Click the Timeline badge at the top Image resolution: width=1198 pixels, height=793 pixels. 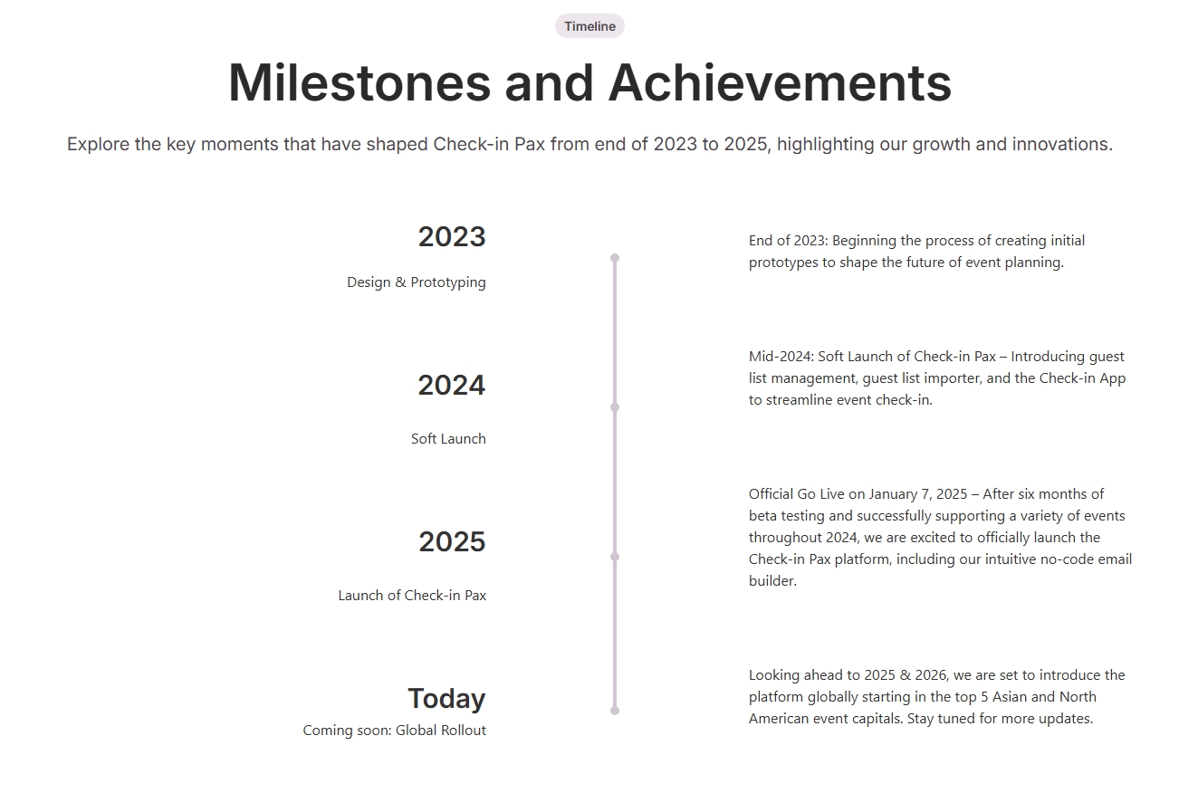coord(589,26)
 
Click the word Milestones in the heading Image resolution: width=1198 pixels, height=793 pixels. coord(359,83)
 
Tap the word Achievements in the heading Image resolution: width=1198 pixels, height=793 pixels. coord(780,83)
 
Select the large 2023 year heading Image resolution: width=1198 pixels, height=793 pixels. coord(451,237)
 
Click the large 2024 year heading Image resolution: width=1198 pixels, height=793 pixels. coord(451,385)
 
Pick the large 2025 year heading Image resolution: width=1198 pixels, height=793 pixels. coord(452,541)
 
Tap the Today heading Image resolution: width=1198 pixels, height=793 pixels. coord(446,698)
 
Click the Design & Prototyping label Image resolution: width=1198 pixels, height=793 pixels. coord(417,282)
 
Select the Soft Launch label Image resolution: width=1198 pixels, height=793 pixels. coord(449,438)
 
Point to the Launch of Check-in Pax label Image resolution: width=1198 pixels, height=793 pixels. coord(412,595)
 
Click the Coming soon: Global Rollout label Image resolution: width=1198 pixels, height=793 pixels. coord(395,730)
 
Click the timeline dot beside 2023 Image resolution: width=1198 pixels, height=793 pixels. coord(615,258)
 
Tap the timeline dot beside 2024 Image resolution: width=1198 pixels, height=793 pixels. coord(615,407)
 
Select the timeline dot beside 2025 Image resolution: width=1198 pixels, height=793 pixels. coord(615,557)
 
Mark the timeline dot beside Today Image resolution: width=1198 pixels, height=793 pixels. coord(615,711)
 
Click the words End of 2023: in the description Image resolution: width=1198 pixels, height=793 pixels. coord(789,241)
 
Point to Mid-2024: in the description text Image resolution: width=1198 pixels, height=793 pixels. coord(781,357)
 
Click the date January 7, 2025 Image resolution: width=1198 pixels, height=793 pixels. coord(918,494)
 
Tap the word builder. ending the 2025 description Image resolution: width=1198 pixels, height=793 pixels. coord(772,580)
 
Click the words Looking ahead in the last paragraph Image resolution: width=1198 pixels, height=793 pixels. coord(796,675)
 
